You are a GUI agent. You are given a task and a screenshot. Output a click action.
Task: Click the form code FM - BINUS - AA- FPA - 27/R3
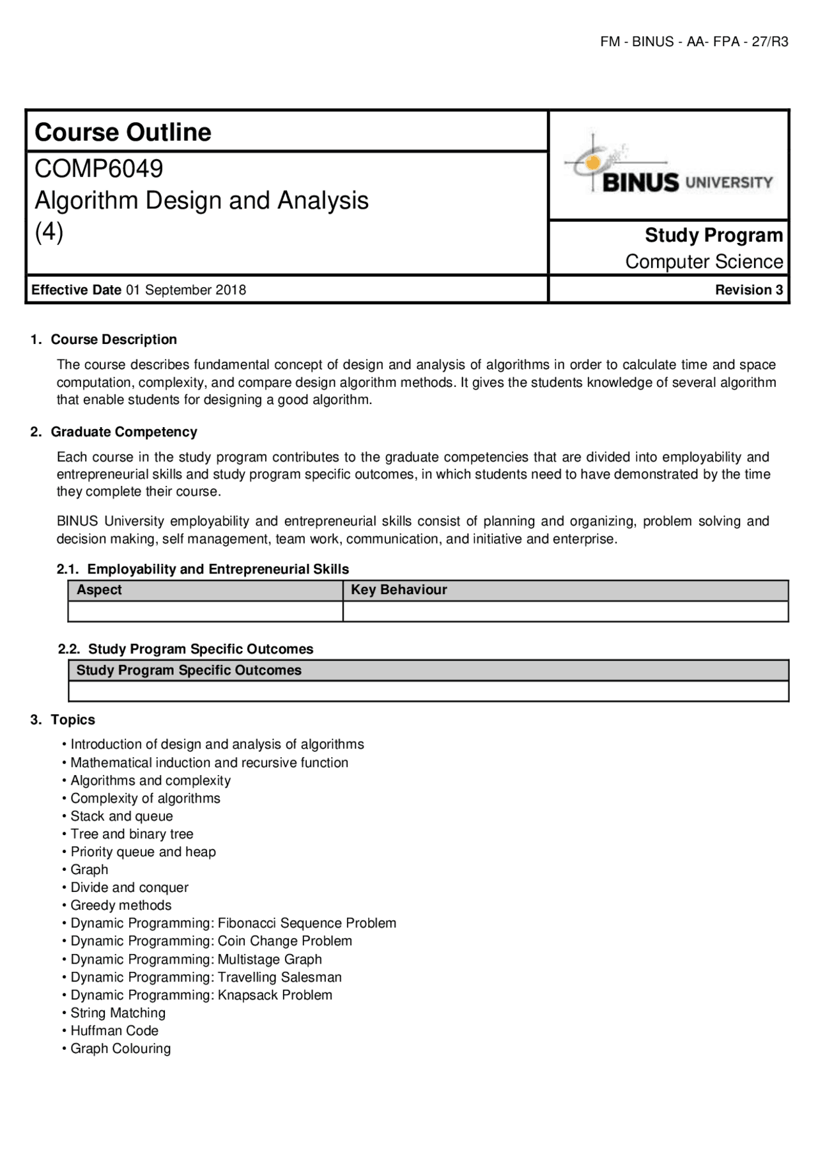(x=694, y=42)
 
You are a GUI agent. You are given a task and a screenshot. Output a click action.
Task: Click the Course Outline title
(x=123, y=132)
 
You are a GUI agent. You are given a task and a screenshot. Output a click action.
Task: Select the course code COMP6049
(x=99, y=169)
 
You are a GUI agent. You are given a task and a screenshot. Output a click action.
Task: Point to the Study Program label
(x=713, y=235)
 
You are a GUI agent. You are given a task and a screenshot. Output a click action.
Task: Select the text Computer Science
(x=704, y=262)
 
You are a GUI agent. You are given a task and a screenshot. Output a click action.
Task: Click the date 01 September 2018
(x=186, y=290)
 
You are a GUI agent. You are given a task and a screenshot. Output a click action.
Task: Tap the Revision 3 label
(x=748, y=290)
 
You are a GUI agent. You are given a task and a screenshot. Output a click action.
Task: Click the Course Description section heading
(x=114, y=340)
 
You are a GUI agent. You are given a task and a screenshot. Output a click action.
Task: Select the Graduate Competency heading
(x=124, y=432)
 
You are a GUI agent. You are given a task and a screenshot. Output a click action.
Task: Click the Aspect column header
(x=99, y=590)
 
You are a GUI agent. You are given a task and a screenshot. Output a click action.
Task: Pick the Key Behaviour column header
(x=399, y=590)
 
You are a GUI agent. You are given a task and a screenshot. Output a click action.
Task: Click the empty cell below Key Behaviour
(x=565, y=611)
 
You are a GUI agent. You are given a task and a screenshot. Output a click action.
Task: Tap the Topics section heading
(x=73, y=719)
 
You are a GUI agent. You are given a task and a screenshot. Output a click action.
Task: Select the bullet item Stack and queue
(x=121, y=816)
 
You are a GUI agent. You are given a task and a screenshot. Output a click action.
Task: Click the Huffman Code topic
(x=114, y=1030)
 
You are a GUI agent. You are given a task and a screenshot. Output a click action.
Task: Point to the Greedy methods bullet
(x=121, y=905)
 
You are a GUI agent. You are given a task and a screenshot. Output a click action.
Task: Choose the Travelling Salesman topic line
(x=206, y=977)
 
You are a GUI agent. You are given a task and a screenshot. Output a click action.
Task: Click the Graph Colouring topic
(x=120, y=1048)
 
